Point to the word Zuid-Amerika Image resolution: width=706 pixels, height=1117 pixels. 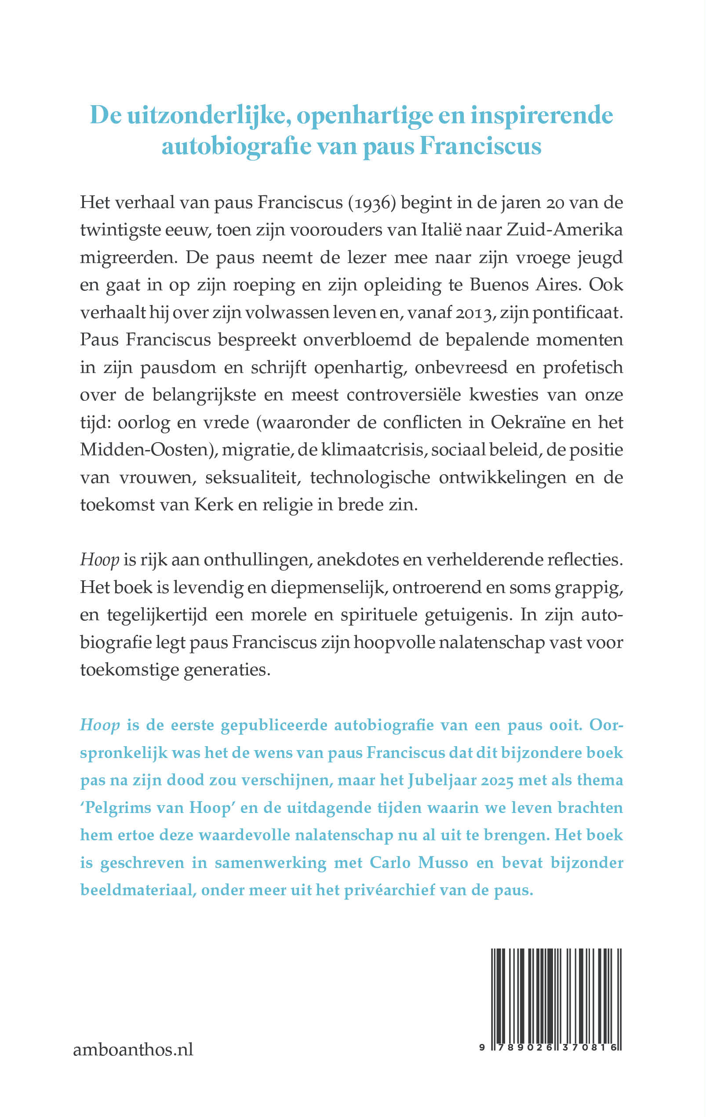[564, 230]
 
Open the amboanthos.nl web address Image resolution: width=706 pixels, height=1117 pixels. [133, 1050]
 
